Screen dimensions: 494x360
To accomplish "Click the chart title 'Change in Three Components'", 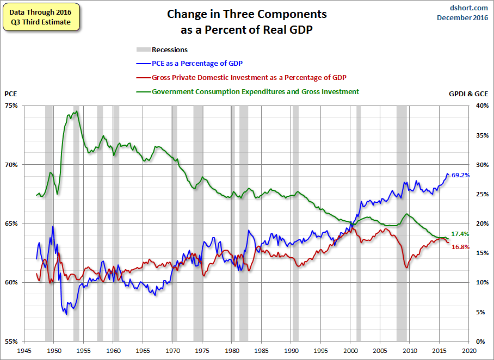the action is point(246,15).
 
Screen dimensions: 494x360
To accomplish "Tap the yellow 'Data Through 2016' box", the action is point(41,17).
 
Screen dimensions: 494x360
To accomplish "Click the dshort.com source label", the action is point(468,8).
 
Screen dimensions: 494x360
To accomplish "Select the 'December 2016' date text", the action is point(462,17).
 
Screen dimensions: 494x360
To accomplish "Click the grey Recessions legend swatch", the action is point(143,49).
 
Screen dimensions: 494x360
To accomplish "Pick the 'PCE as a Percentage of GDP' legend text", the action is point(197,63).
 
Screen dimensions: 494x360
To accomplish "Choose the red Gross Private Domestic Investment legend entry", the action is point(242,77).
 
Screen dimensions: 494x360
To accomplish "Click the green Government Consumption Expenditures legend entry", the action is point(248,92).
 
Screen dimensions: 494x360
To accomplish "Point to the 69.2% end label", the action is point(461,175).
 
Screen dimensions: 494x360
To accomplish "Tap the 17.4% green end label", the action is point(460,234).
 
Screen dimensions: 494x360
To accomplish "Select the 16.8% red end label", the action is point(460,247).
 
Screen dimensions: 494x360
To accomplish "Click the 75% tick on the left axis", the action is point(11,105).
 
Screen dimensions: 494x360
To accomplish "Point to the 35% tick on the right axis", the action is point(482,135).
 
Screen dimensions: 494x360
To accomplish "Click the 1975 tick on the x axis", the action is point(202,351).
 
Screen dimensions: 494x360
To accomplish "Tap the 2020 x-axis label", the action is point(469,351).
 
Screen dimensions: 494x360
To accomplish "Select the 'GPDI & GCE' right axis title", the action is point(468,94).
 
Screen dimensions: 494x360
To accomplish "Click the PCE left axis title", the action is point(11,94).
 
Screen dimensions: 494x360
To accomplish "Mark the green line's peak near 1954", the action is point(77,111).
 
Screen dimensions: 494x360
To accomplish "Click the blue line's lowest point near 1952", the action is point(66,314).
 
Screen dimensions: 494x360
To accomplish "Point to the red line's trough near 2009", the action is point(407,268).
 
